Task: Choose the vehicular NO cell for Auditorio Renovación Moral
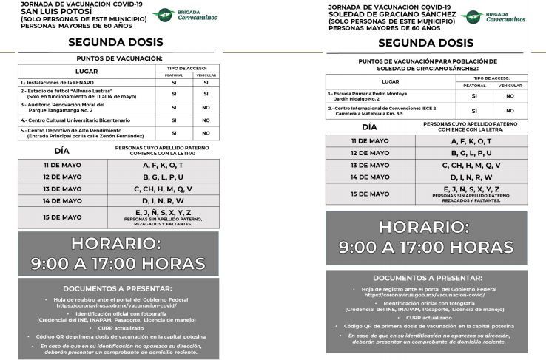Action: coord(205,106)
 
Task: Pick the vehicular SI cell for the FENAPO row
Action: coord(205,82)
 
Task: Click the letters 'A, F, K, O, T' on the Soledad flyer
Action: coord(476,140)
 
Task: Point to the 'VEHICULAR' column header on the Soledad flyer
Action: coord(510,85)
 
